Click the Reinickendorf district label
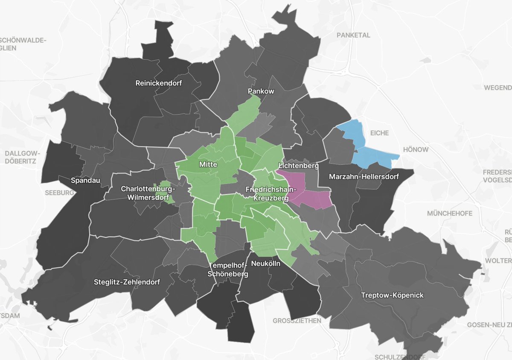pyautogui.click(x=158, y=83)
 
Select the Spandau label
pyautogui.click(x=86, y=181)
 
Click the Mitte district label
pyautogui.click(x=208, y=164)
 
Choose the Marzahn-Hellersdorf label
pyautogui.click(x=364, y=176)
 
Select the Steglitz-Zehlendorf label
pyautogui.click(x=127, y=282)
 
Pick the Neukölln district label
pyautogui.click(x=266, y=263)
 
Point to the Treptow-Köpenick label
pyautogui.click(x=392, y=295)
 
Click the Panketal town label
pyautogui.click(x=353, y=35)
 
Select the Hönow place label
pyautogui.click(x=415, y=150)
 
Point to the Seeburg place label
pyautogui.click(x=59, y=193)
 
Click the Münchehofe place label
pyautogui.click(x=448, y=213)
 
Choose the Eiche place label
pyautogui.click(x=379, y=133)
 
